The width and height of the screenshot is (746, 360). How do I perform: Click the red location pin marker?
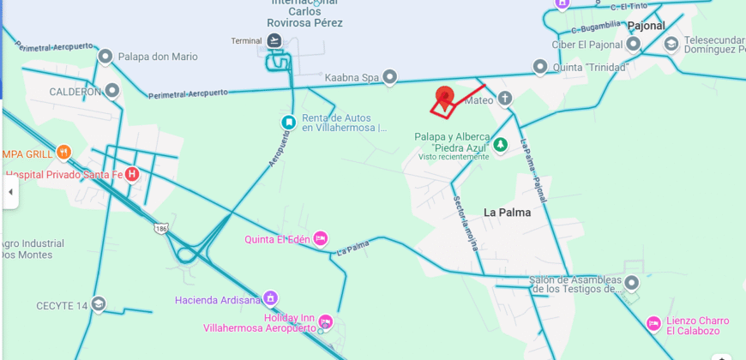pos(444,96)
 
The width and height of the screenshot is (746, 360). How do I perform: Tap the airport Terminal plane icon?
pos(274,41)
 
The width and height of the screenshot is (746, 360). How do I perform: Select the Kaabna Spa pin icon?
pos(390,77)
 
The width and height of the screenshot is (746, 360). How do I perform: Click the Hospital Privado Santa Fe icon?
pos(132,174)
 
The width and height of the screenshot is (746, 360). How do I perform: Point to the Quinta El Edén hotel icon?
pos(321,239)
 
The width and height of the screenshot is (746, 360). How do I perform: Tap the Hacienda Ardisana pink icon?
pos(271,299)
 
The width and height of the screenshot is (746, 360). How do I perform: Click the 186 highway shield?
pos(161,228)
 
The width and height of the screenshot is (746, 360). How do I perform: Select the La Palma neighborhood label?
pos(507,213)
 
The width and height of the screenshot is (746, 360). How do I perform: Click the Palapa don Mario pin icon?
pos(105,57)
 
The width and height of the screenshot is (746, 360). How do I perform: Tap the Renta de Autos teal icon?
pos(289,123)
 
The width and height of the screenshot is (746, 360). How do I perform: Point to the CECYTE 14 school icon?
pos(99,305)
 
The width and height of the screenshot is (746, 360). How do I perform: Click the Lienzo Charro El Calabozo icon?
pos(653,324)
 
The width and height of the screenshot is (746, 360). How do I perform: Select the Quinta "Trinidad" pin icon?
pos(540,67)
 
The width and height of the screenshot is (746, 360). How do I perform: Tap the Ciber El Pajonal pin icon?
pos(634,44)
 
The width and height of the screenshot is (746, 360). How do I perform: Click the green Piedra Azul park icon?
pos(501,144)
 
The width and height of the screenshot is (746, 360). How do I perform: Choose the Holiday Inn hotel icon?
pos(324,323)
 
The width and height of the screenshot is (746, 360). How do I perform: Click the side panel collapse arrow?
pos(10,192)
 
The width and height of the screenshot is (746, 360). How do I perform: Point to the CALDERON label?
pos(75,92)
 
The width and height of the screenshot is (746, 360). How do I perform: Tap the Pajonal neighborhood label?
pos(646,26)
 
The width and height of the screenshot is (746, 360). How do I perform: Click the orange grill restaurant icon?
pos(63,153)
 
